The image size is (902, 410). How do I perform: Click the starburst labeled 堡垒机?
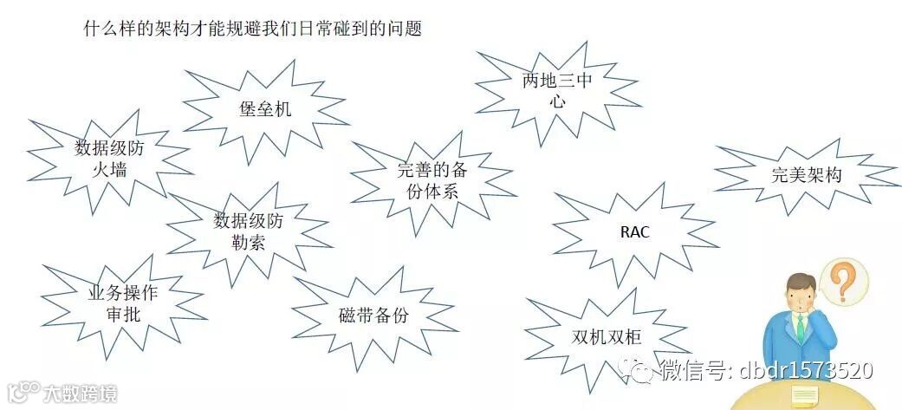click(265, 109)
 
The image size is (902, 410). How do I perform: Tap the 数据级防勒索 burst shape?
click(248, 231)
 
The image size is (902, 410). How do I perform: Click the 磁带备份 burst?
click(373, 316)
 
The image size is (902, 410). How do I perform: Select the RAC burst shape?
click(634, 232)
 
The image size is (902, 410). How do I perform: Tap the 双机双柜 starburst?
click(607, 338)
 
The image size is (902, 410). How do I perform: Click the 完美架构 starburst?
click(806, 174)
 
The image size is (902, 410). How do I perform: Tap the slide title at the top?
click(252, 29)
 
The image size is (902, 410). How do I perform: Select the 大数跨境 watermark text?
click(81, 394)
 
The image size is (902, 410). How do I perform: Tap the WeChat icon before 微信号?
click(644, 372)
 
